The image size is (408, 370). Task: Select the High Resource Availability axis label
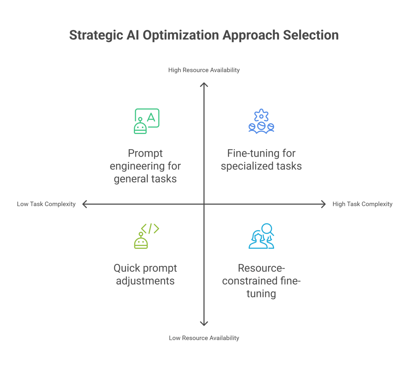[204, 70]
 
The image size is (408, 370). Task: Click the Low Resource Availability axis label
[204, 338]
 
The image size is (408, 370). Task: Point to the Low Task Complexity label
[46, 204]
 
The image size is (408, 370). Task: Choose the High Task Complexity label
[362, 204]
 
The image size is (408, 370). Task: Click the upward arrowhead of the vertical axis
[204, 85]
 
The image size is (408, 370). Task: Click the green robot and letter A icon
[146, 120]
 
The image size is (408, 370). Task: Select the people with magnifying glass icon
[261, 236]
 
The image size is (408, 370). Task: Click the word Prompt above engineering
[145, 153]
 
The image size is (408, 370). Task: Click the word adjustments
[145, 281]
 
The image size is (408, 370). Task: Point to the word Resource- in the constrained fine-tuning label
[261, 268]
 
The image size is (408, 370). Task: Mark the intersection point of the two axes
[204, 204]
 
